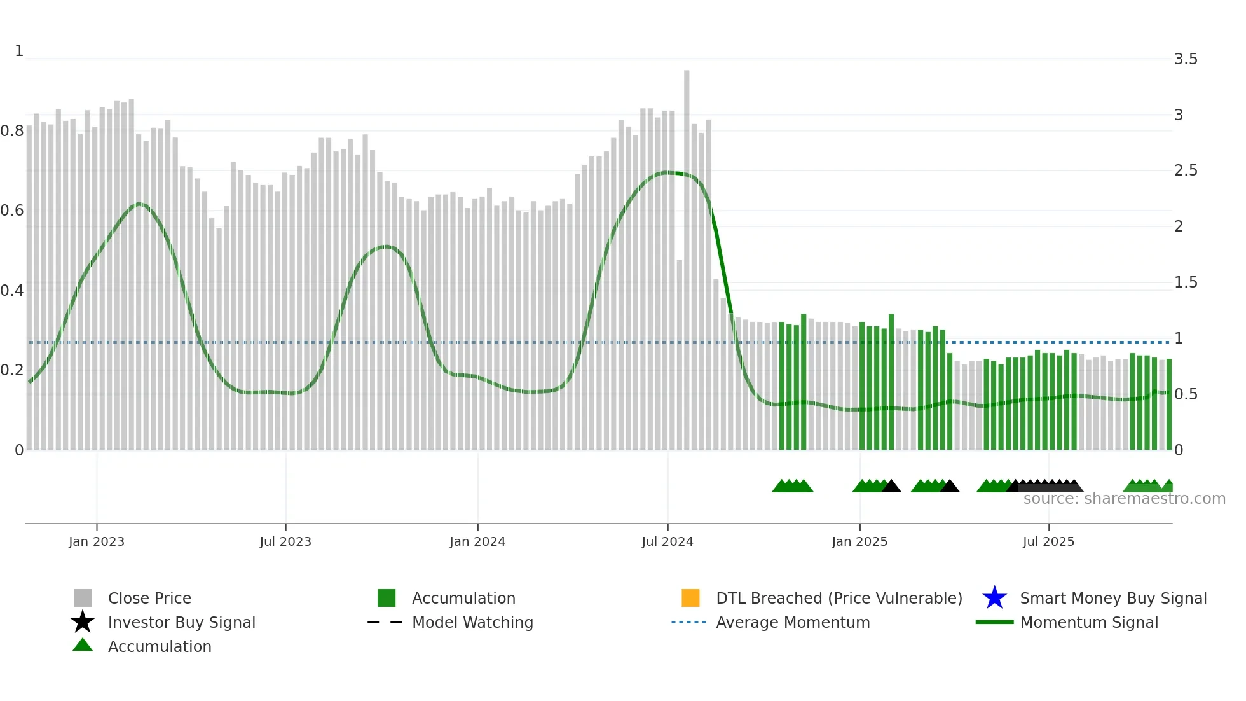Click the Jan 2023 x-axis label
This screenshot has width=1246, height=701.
click(x=97, y=541)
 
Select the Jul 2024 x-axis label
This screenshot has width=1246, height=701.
click(x=667, y=541)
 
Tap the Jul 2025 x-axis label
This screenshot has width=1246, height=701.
click(x=1048, y=541)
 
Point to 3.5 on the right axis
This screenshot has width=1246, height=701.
click(x=1186, y=59)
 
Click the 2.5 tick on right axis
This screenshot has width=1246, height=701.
click(x=1186, y=170)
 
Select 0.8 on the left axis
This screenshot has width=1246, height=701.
click(x=12, y=131)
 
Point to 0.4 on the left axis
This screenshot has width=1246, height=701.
click(x=12, y=291)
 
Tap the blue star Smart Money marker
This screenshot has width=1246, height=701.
click(x=994, y=598)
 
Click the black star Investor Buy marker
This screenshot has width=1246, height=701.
click(x=83, y=622)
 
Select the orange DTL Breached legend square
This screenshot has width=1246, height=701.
click(x=690, y=598)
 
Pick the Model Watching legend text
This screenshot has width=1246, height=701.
click(x=472, y=622)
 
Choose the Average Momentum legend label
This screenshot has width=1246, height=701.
click(x=793, y=622)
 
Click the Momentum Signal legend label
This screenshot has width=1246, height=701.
click(x=1089, y=622)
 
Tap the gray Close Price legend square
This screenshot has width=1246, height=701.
click(x=83, y=598)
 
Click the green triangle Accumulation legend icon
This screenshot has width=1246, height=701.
click(x=83, y=645)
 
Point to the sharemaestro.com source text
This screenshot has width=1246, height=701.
click(x=1124, y=499)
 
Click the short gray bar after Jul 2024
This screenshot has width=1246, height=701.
click(x=680, y=356)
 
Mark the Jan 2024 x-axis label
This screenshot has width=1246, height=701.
click(x=477, y=541)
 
